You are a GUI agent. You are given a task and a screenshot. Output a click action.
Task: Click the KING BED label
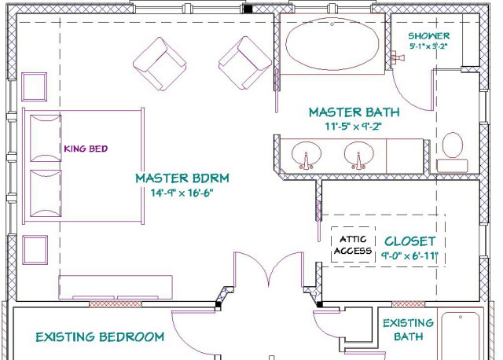point(86,149)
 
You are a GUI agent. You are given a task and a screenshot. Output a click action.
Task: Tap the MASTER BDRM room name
point(182,178)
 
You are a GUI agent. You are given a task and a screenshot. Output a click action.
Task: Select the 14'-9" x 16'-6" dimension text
point(182,193)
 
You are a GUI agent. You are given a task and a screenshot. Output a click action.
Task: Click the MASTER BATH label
point(354,112)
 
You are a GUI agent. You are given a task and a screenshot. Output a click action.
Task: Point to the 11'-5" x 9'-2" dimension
point(354,127)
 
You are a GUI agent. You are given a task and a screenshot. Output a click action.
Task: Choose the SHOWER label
point(429,35)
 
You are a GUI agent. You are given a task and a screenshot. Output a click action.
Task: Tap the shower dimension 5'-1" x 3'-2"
point(428,46)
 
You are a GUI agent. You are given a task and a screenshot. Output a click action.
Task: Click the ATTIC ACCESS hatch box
point(353,244)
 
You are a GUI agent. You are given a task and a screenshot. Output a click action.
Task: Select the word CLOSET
point(410,241)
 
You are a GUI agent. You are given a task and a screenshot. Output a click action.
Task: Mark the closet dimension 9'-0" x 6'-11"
point(409,256)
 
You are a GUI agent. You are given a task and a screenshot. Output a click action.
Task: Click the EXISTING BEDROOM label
point(100,337)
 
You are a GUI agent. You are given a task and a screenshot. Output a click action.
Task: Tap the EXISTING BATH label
point(408,329)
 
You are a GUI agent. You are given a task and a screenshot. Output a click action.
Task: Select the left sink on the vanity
point(306,155)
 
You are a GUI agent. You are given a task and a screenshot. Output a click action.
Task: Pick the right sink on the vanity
point(358,155)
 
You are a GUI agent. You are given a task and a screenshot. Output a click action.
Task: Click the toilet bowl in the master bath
point(453,145)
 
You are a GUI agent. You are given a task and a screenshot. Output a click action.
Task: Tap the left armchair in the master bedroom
point(160,64)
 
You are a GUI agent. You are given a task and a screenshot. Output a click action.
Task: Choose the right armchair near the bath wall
point(245,63)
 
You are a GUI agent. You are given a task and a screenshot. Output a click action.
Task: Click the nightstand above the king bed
point(35,87)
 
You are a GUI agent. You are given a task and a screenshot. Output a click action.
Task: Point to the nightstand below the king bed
point(35,250)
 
